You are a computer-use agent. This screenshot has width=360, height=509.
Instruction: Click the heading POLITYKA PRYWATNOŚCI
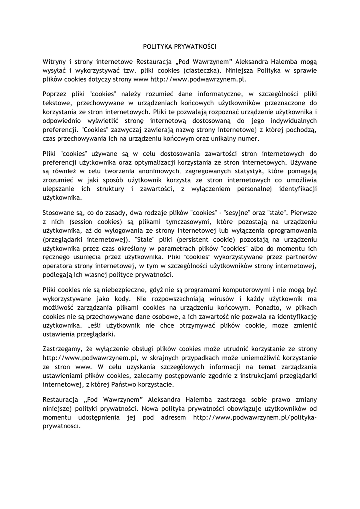pos(180,46)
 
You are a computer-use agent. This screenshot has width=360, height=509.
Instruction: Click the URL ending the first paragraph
pos(198,79)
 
